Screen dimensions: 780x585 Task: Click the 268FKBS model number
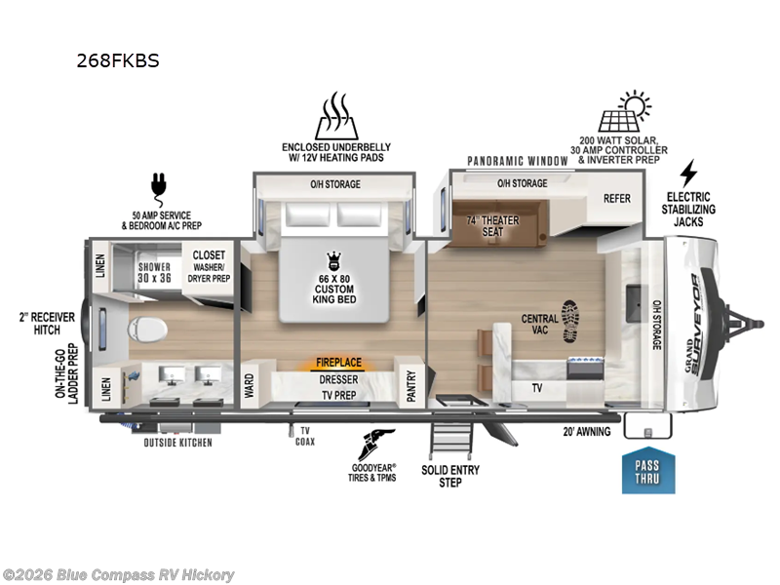pos(118,60)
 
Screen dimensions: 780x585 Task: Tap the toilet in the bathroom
pos(147,330)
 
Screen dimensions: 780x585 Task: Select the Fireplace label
pos(338,362)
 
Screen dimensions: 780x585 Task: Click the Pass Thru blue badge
pos(648,473)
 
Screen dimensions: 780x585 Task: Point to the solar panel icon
pos(625,111)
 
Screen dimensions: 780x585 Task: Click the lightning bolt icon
pos(688,174)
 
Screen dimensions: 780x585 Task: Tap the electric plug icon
pos(159,189)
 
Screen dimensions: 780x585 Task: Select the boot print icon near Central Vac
pos(571,321)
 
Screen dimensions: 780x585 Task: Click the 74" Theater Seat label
pos(492,226)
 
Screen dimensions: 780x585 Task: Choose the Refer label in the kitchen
pos(617,199)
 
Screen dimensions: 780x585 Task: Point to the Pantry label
pos(410,385)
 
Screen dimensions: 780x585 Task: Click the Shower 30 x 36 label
pos(154,273)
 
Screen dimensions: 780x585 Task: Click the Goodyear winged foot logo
pos(375,445)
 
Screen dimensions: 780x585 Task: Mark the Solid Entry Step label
pos(450,476)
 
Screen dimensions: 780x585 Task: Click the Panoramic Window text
pos(518,161)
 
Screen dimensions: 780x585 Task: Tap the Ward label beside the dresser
pos(249,385)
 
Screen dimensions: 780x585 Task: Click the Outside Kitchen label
pos(178,443)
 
